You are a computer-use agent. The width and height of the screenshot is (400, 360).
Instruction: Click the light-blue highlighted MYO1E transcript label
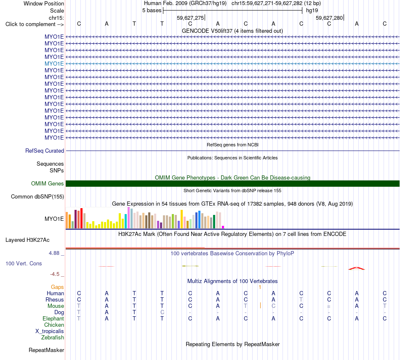(54, 64)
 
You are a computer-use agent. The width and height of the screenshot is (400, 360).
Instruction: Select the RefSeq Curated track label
(45, 151)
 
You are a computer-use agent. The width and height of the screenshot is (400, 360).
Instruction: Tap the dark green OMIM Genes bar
(232, 183)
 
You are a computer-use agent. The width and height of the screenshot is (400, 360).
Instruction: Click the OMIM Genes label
(48, 183)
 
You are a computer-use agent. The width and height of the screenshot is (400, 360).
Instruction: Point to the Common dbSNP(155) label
(37, 197)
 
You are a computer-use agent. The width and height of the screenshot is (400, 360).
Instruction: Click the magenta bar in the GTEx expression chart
(223, 227)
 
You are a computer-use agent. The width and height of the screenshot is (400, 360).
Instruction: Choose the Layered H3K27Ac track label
(27, 240)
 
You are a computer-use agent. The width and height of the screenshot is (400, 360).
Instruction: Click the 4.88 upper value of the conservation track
(54, 253)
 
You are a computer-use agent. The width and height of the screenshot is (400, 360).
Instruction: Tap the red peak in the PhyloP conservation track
(357, 268)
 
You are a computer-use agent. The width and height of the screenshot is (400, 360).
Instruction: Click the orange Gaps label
(57, 287)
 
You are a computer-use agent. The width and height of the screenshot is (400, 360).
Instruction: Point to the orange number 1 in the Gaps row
(260, 287)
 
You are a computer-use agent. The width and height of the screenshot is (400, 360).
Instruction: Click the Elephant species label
(53, 319)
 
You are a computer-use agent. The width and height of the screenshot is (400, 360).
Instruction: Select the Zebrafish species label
(53, 338)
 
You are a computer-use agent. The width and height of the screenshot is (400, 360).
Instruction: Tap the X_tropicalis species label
(50, 331)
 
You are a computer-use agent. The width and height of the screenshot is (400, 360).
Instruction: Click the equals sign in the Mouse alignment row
(329, 306)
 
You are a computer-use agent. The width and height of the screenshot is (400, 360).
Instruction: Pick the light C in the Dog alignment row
(162, 312)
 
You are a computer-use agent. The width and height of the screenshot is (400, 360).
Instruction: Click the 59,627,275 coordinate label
(190, 18)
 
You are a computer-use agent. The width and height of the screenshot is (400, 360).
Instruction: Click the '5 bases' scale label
(152, 11)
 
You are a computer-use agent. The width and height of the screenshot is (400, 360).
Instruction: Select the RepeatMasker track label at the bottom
(46, 350)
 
